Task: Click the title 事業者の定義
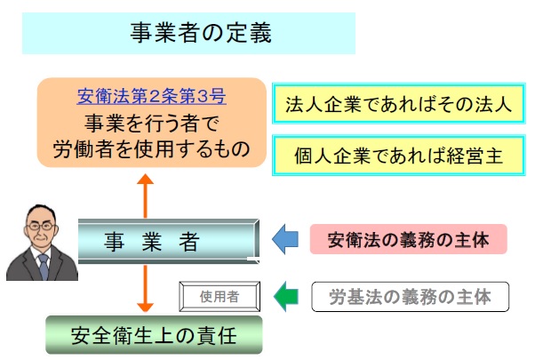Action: click(x=188, y=33)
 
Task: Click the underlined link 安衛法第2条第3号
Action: click(x=152, y=95)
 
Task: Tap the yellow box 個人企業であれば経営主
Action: click(x=398, y=155)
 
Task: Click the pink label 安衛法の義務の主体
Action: click(x=408, y=240)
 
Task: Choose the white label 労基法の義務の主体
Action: click(x=410, y=296)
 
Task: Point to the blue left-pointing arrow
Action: click(x=286, y=240)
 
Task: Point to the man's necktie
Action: click(x=41, y=266)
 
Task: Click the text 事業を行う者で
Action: click(x=152, y=120)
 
